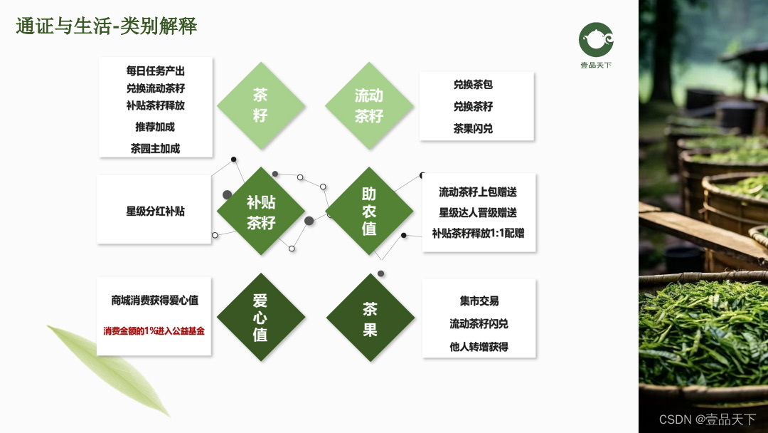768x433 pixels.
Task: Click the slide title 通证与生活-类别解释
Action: [x=107, y=26]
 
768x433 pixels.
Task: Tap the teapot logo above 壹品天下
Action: [x=595, y=39]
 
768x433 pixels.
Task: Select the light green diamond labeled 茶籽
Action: [x=260, y=105]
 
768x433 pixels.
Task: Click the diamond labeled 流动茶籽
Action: [x=369, y=105]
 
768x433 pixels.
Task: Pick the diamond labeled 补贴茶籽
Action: [x=260, y=212]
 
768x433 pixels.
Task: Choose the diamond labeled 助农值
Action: [x=369, y=212]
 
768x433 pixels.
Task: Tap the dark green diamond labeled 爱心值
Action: [x=260, y=318]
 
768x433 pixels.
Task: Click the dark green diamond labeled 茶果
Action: [x=370, y=318]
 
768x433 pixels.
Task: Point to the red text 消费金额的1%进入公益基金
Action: [x=154, y=330]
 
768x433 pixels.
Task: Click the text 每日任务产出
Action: [x=155, y=71]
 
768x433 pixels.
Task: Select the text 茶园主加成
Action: [x=155, y=148]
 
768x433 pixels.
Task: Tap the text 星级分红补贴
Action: [x=155, y=211]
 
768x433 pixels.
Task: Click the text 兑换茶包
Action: [x=473, y=84]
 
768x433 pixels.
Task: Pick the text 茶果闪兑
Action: [x=473, y=129]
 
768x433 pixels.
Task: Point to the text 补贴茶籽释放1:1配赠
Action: [x=478, y=233]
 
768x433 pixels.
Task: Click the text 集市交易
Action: [x=479, y=301]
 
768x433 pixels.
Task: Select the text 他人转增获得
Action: [x=479, y=347]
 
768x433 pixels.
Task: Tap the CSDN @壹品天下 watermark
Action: [x=707, y=419]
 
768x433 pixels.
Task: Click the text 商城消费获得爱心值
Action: [x=154, y=301]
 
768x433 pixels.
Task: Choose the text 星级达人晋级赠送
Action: [x=478, y=212]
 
